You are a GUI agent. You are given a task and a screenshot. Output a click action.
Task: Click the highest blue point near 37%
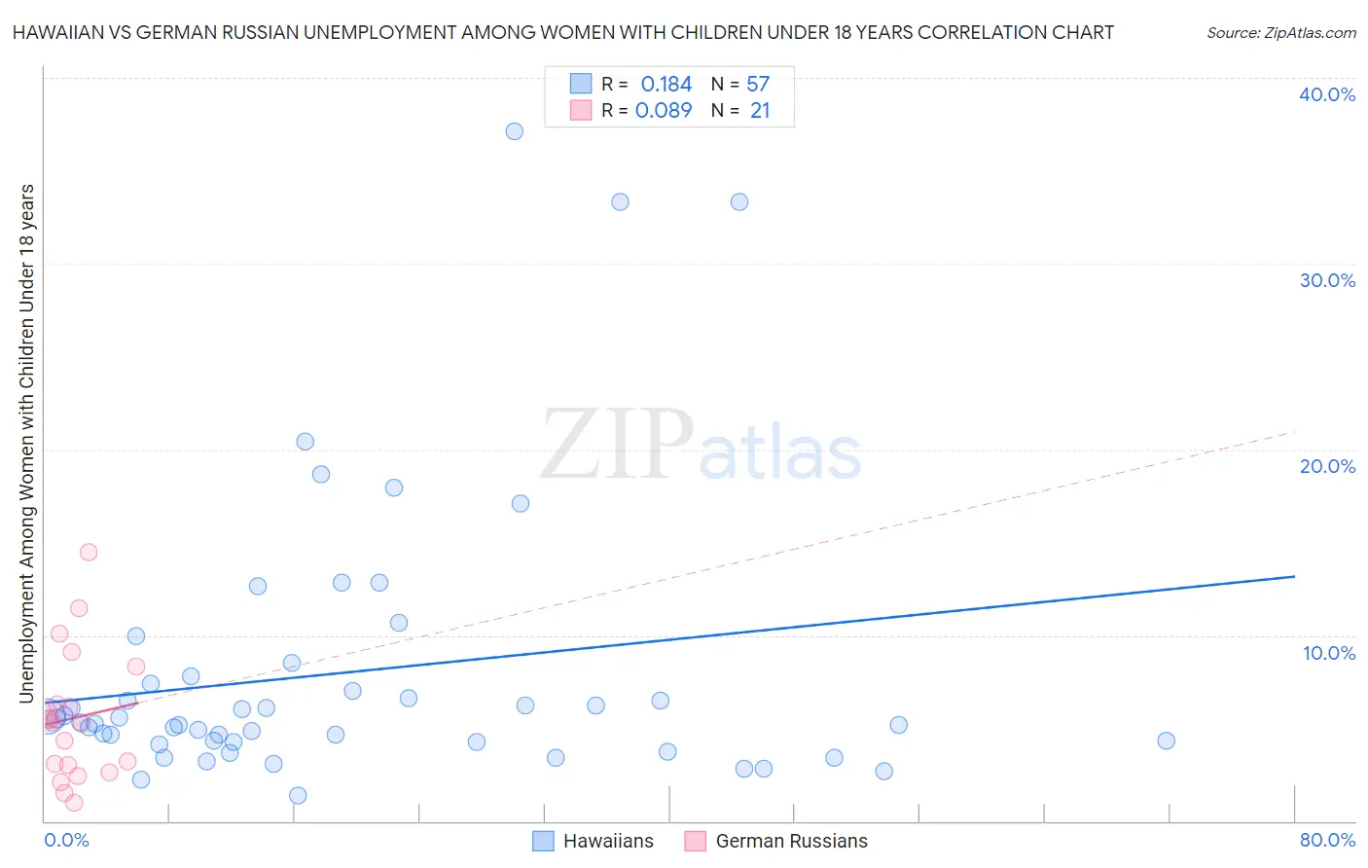tap(514, 131)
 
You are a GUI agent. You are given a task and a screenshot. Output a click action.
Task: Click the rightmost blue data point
tap(1166, 741)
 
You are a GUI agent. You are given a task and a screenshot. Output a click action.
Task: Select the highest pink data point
tap(89, 552)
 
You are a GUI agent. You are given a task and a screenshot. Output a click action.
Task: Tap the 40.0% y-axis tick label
tap(1327, 94)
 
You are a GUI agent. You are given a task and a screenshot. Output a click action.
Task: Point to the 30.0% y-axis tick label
tap(1327, 280)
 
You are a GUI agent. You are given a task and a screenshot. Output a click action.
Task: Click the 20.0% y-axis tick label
tap(1327, 466)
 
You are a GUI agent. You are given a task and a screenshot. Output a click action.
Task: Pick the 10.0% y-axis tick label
tap(1329, 653)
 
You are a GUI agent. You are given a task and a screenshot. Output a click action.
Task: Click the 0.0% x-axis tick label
tap(66, 840)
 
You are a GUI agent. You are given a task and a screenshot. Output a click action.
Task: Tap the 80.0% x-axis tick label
tap(1327, 840)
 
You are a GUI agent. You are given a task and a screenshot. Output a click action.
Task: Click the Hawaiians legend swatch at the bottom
tap(543, 841)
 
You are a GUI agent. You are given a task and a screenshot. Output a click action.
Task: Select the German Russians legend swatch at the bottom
tap(695, 841)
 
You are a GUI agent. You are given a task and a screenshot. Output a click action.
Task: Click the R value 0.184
tap(666, 85)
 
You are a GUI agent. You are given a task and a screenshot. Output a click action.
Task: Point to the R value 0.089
tap(664, 111)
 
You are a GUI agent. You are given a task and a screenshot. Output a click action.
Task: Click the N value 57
tap(758, 85)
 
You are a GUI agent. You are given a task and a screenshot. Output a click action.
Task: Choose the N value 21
tap(760, 111)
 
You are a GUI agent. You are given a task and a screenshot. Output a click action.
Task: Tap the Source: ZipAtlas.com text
tap(1280, 33)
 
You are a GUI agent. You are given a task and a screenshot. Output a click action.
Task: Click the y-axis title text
tap(27, 443)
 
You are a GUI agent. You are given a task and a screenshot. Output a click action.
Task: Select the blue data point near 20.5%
tap(305, 442)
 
